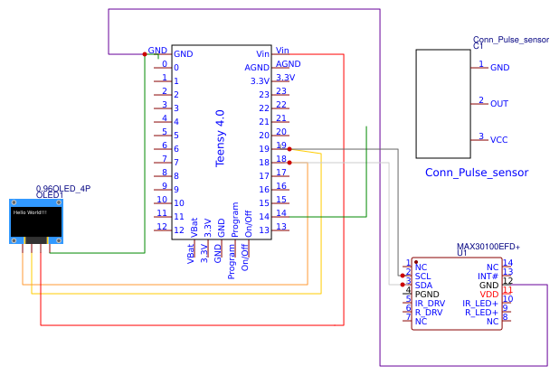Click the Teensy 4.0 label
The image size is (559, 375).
pos(220,138)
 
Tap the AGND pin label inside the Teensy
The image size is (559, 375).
pos(257,68)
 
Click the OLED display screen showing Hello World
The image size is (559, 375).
pos(35,219)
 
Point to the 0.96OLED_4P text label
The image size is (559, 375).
pos(62,188)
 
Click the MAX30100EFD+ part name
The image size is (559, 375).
pos(488,246)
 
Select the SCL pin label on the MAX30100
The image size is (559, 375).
pos(423,276)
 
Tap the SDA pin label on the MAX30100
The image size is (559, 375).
pos(423,285)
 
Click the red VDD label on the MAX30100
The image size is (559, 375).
pos(489,294)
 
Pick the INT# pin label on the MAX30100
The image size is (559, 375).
pos(488,276)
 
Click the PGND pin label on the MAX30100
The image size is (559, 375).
pos(427,294)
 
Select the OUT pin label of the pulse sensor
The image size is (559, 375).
pos(499,104)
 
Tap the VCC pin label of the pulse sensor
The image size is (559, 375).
pos(499,140)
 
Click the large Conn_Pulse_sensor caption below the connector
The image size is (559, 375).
pos(476,172)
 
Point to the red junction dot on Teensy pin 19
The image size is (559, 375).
pos(289,149)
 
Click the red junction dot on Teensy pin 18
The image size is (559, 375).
pos(289,163)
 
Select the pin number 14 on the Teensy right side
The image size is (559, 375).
pos(264,217)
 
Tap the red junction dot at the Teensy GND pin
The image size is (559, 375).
pos(145,54)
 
